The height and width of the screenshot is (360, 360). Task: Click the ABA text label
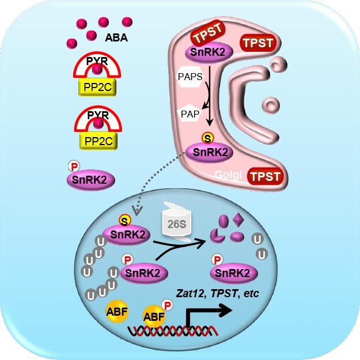tap(118, 39)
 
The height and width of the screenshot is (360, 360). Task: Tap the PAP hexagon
tap(190, 114)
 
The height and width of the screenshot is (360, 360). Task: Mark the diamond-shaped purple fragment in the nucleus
tap(239, 220)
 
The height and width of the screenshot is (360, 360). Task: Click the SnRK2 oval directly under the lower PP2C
tap(90, 180)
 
